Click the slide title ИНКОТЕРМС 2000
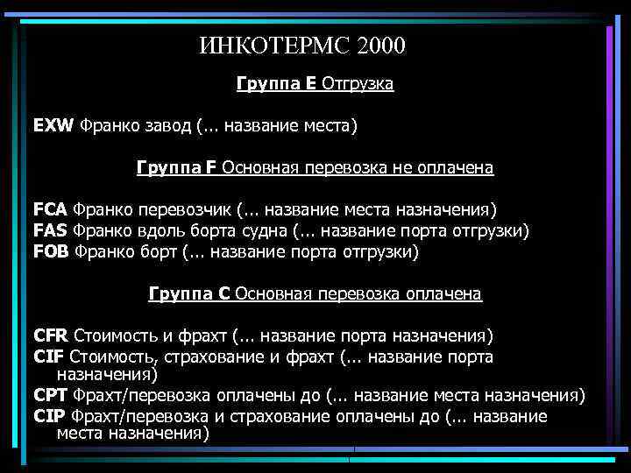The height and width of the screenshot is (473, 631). [x=302, y=45]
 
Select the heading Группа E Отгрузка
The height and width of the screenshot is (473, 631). [x=315, y=85]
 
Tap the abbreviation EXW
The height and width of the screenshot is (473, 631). [x=54, y=126]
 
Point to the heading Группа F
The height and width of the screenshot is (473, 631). [x=177, y=166]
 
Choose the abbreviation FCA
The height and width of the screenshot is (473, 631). [x=51, y=210]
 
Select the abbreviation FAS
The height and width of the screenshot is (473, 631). [x=50, y=231]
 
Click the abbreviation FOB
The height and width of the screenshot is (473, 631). [x=52, y=252]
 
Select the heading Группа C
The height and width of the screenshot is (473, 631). [x=190, y=293]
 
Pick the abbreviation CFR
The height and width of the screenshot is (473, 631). [x=51, y=336]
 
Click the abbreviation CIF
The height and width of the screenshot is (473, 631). [x=48, y=357]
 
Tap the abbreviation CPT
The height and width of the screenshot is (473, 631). [x=51, y=396]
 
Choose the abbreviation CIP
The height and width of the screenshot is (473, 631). [x=49, y=416]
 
